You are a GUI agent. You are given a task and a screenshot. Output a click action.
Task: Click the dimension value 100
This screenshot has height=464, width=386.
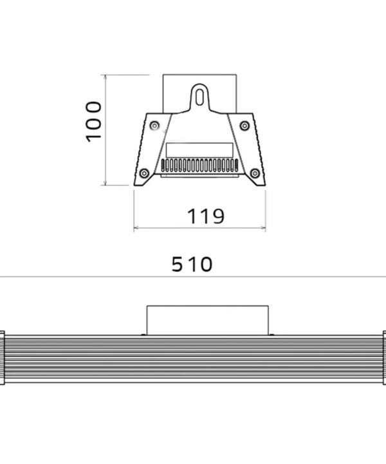tap(94, 122)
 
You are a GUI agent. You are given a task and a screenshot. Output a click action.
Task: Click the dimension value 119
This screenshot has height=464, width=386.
tap(206, 217)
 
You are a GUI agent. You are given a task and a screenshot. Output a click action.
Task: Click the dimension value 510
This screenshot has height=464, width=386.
tap(192, 264)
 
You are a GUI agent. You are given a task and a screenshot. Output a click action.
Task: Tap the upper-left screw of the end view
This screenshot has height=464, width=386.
tap(154, 126)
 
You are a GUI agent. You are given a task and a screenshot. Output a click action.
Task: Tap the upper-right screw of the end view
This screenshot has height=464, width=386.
tap(244, 126)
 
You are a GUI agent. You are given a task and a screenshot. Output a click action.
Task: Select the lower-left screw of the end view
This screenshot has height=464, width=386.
tap(144, 173)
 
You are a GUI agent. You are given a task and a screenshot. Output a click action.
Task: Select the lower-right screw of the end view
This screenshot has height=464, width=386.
tap(255, 173)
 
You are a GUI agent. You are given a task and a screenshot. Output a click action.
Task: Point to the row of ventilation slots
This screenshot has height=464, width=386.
tap(199, 165)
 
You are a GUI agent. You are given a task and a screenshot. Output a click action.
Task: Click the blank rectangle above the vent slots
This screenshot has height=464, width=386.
tap(199, 150)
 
